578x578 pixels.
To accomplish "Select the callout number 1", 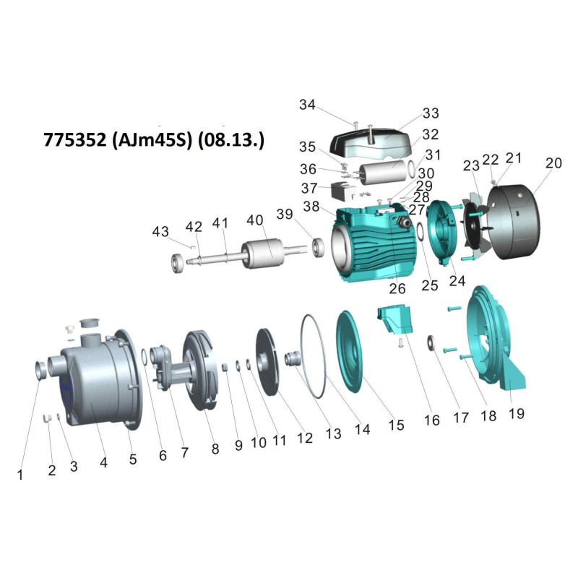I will click(20, 475).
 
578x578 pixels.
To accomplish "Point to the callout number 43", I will click(160, 232).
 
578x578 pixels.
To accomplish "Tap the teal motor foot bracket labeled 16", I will click(394, 319).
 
